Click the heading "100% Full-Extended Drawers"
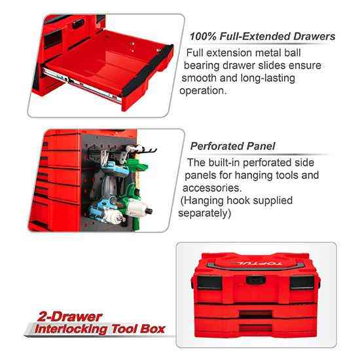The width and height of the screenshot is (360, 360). point(262,37)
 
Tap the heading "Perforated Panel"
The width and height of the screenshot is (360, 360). point(232,146)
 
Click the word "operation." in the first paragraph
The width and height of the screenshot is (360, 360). point(203,91)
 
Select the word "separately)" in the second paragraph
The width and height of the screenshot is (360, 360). point(205,213)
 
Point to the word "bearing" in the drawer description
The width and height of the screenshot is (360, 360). point(202,66)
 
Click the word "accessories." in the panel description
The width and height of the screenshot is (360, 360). point(212,188)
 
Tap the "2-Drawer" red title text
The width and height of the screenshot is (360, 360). point(69,317)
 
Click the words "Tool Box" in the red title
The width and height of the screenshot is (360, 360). point(139,329)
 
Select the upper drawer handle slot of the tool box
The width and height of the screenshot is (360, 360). point(256,314)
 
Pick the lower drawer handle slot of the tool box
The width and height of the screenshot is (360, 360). point(255,328)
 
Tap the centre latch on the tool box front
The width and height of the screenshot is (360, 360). point(256,280)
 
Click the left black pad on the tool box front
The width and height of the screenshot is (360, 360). point(209,282)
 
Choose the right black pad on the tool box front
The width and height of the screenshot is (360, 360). point(302,282)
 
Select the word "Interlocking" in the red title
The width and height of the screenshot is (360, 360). point(71,329)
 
